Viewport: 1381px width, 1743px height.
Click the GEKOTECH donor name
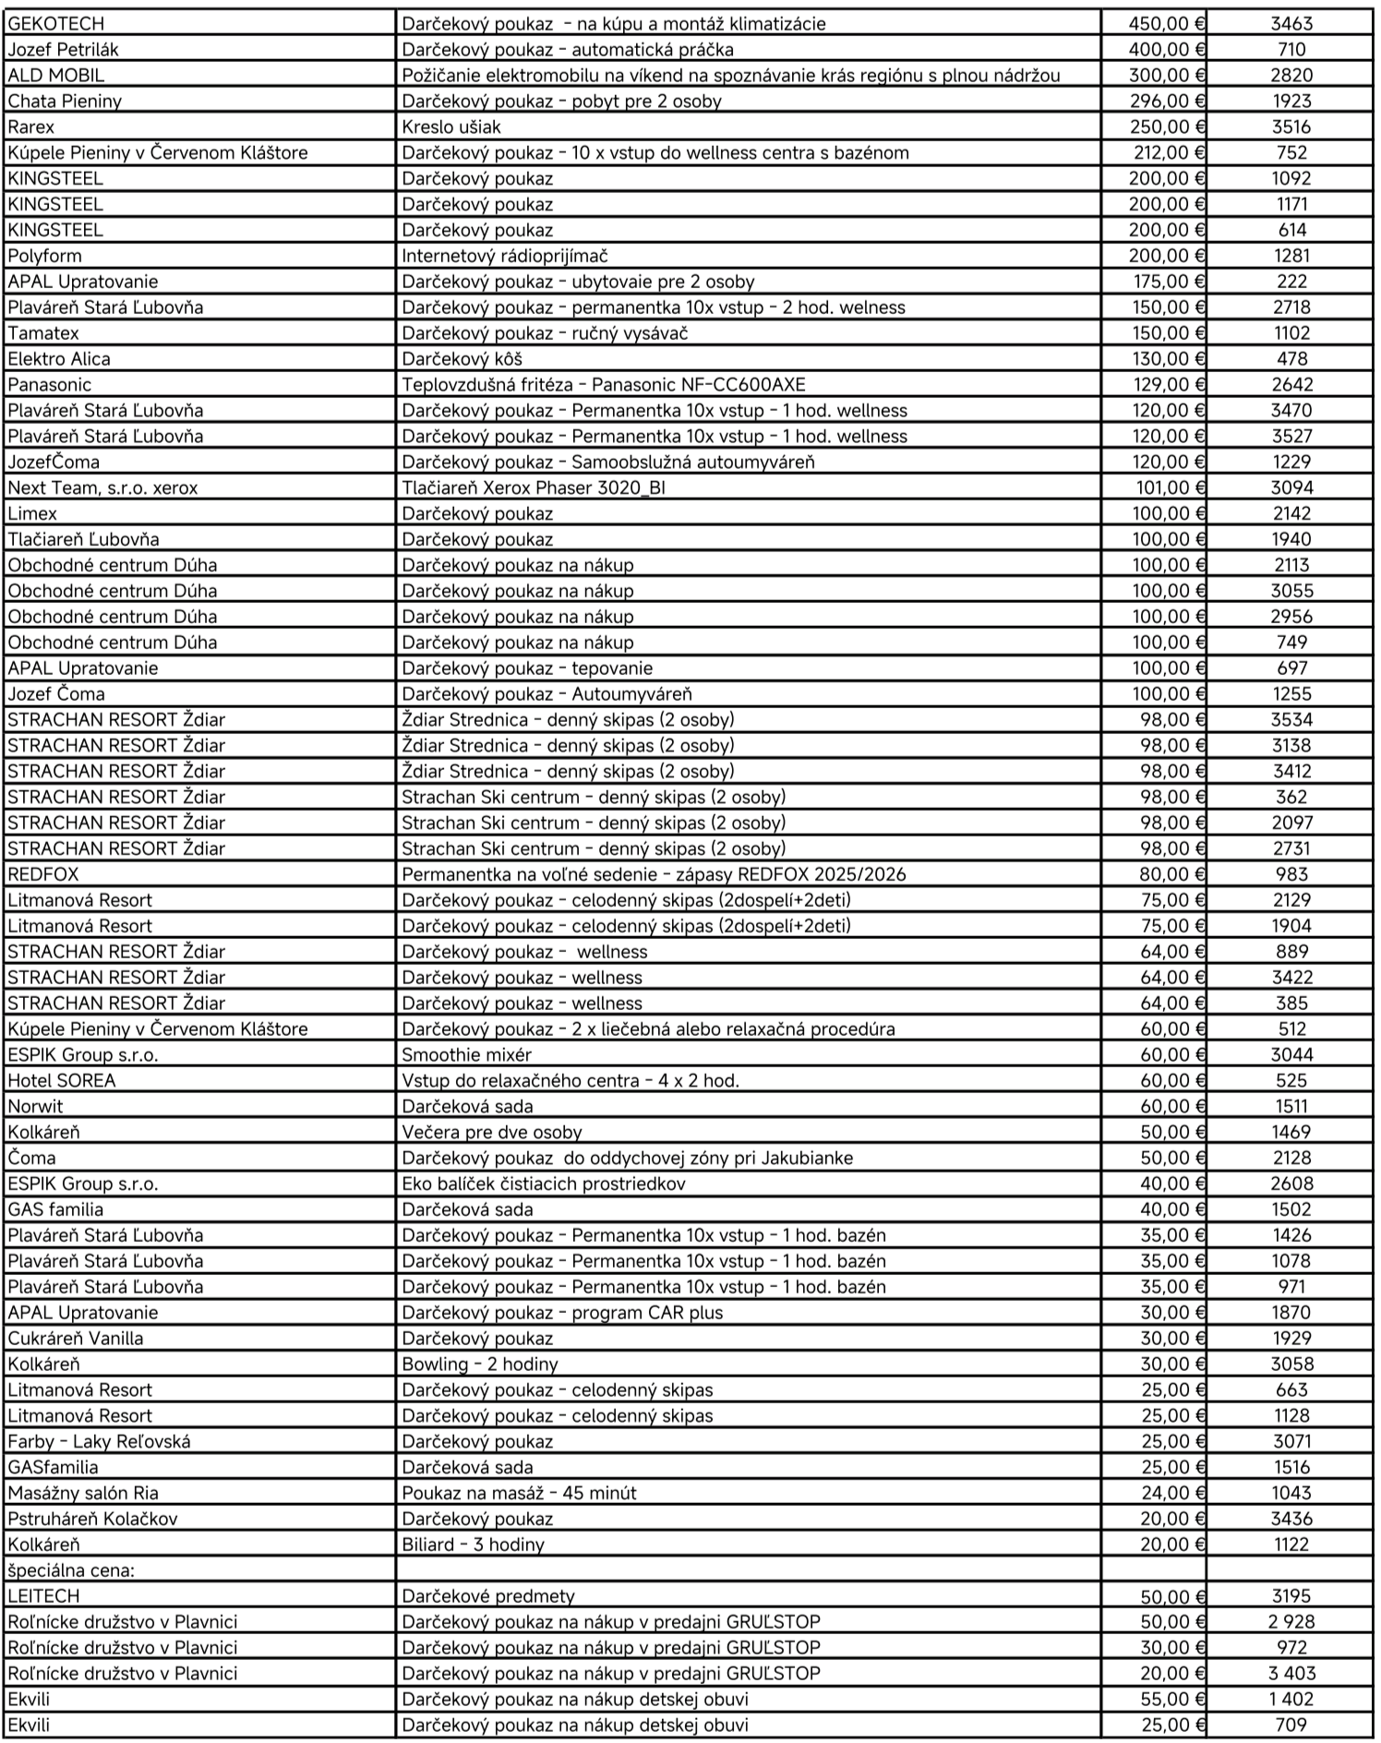[56, 24]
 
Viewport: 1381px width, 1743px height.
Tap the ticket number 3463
[1291, 24]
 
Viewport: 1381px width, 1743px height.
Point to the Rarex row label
[31, 127]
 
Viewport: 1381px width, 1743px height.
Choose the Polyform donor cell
[44, 256]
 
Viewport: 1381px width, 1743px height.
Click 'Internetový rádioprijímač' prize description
[504, 256]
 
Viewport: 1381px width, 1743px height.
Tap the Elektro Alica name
[59, 359]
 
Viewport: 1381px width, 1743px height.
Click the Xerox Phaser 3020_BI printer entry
[533, 488]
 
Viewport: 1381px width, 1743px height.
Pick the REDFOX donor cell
[43, 874]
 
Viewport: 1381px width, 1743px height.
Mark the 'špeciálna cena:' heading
[71, 1570]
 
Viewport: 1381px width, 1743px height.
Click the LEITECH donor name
[43, 1596]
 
